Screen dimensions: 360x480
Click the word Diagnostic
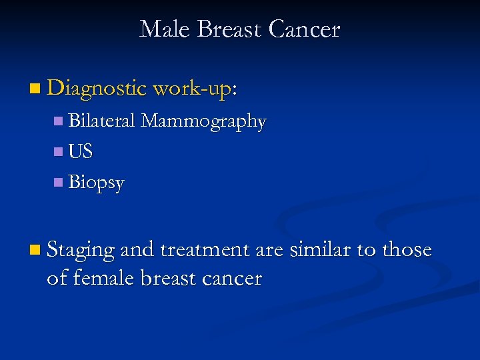coord(97,87)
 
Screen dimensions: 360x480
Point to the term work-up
coord(193,89)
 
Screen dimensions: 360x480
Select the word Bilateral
coord(103,121)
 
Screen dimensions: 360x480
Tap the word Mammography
coord(204,122)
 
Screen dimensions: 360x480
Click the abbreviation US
coord(81,151)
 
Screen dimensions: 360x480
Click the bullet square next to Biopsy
coord(59,182)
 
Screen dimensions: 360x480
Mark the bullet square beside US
coord(59,151)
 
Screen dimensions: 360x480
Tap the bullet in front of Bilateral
coord(59,121)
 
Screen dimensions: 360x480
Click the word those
coord(406,250)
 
